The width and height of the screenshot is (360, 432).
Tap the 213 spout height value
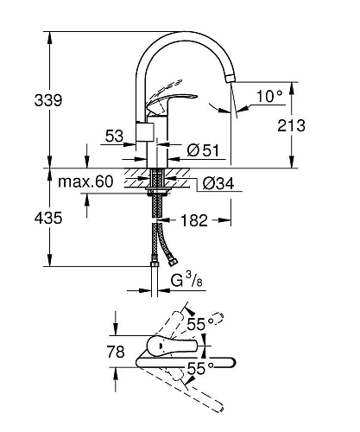pyautogui.click(x=292, y=126)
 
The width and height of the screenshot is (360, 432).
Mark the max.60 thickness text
pyautogui.click(x=85, y=182)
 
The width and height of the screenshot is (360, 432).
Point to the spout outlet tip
pyautogui.click(x=230, y=79)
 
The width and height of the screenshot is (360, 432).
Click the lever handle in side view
pyautogui.click(x=168, y=101)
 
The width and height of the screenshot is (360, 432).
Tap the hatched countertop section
pyautogui.click(x=138, y=182)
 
